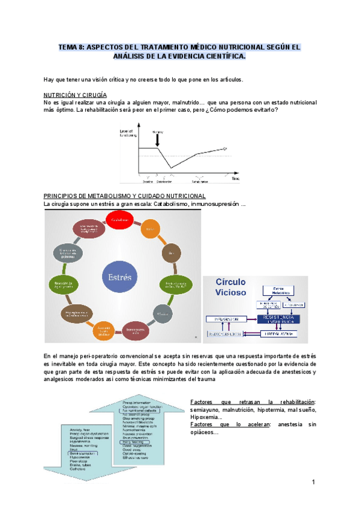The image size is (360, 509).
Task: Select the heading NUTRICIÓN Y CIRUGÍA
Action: [x=76, y=95]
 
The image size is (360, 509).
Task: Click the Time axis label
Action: [x=235, y=179]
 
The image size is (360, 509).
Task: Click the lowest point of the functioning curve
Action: [x=172, y=167]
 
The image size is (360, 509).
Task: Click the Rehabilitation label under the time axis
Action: [x=200, y=181]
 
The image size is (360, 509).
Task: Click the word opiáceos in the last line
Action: [x=203, y=433]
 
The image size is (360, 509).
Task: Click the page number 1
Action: [x=313, y=483]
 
